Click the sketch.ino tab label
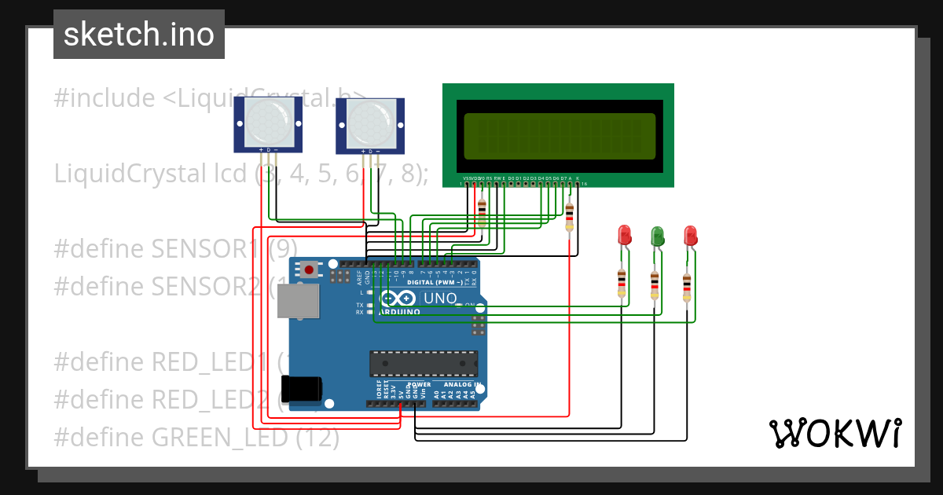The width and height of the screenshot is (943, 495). pos(138,35)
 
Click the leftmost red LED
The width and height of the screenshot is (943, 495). pos(625,234)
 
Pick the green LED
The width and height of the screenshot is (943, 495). pos(657,234)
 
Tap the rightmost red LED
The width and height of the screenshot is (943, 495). pos(690,234)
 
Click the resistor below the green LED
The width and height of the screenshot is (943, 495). pos(655,285)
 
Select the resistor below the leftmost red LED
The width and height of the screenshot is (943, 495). pos(622,284)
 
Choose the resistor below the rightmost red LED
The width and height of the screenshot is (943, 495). pos(687,288)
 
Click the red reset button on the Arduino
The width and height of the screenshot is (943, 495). pos(310,270)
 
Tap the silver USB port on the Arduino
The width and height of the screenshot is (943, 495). pos(299,301)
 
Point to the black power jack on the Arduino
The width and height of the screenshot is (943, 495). pos(302,389)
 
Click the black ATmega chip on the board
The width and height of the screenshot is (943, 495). pos(424,363)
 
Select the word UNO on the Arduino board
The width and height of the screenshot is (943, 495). pos(440,299)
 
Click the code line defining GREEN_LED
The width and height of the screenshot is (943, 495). pos(196,437)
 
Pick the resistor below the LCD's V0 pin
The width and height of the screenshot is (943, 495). pos(482,213)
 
